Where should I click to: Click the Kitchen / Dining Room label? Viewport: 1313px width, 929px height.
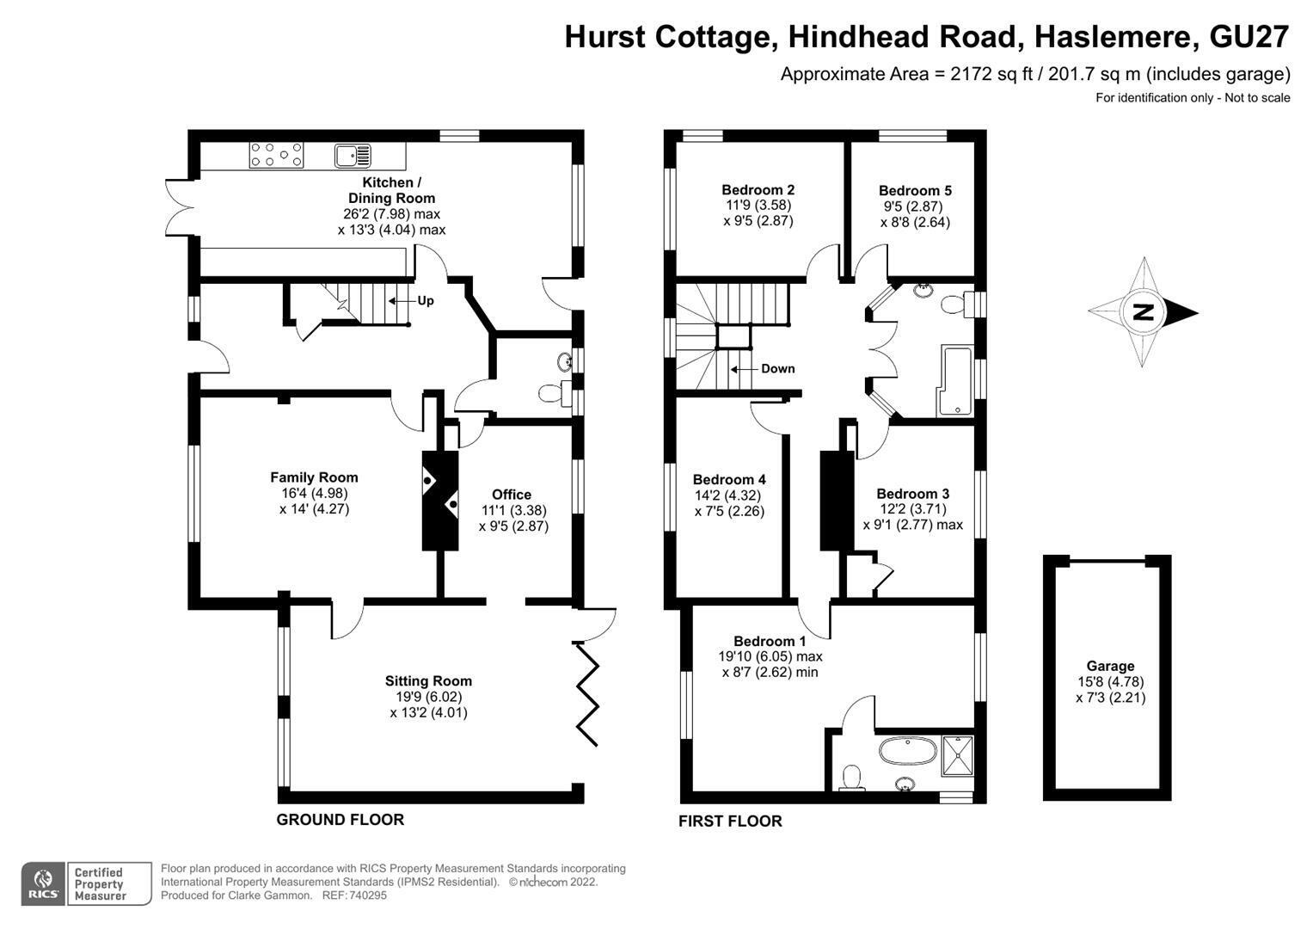click(x=391, y=190)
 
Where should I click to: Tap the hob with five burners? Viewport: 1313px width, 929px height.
click(x=276, y=155)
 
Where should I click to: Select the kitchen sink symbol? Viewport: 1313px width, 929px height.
click(x=353, y=156)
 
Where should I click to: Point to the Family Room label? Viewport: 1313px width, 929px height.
click(x=314, y=477)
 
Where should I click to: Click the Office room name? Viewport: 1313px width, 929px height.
click(x=512, y=495)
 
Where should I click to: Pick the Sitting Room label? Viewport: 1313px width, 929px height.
click(x=428, y=681)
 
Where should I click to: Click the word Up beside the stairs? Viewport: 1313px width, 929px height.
click(x=426, y=301)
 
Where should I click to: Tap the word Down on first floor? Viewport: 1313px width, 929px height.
click(x=778, y=369)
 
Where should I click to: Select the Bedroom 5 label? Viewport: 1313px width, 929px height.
click(x=915, y=191)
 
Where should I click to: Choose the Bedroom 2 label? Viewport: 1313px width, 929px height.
click(x=758, y=190)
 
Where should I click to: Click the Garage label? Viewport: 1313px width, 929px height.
click(x=1110, y=666)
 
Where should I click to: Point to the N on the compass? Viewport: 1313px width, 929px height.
click(x=1143, y=312)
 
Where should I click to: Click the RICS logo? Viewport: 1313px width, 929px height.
click(x=43, y=884)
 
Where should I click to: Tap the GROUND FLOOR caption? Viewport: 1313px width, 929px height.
click(x=341, y=819)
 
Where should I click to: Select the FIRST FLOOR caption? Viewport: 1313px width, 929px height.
click(x=730, y=821)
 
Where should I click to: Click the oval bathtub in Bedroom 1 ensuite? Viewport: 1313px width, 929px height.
click(x=908, y=751)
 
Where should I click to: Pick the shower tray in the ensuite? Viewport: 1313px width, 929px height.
click(x=957, y=756)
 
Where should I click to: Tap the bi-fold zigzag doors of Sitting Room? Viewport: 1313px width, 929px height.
click(x=586, y=694)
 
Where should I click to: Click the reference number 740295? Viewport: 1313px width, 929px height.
click(x=367, y=895)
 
